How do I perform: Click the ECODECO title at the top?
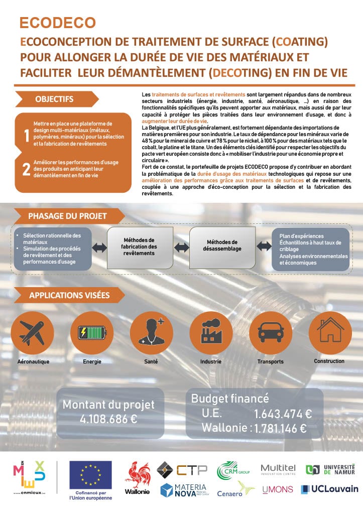click(x=57, y=23)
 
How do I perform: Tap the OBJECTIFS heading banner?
click(x=54, y=99)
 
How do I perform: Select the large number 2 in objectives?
click(x=26, y=169)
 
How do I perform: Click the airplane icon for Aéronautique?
click(x=32, y=332)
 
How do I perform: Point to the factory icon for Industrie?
click(x=210, y=332)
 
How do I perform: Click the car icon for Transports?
click(x=270, y=332)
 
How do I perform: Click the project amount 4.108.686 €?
click(x=108, y=420)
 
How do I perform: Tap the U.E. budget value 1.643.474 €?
click(x=283, y=414)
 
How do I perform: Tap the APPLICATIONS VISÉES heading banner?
click(x=70, y=296)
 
